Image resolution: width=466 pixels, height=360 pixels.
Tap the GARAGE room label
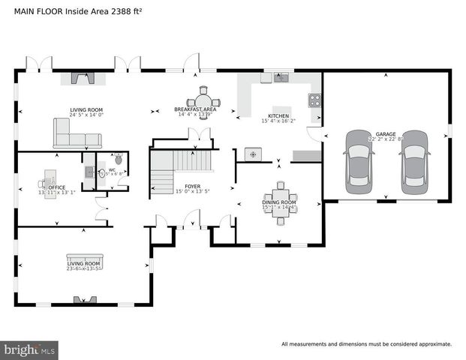[x=386, y=134]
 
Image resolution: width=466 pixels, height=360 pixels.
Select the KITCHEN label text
[x=278, y=116]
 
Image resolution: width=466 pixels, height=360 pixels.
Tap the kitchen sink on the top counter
[x=281, y=76]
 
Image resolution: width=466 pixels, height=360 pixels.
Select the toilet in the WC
[x=119, y=160]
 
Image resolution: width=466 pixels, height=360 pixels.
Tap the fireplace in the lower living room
[x=83, y=299]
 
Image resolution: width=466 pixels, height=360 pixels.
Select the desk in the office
[x=50, y=178]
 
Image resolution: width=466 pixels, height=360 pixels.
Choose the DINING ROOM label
[x=278, y=202]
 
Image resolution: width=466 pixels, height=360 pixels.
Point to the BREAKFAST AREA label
[x=196, y=109]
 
